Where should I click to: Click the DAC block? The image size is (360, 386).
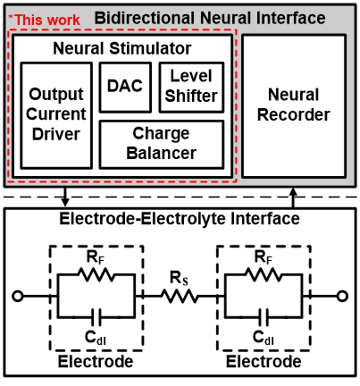pos(125,88)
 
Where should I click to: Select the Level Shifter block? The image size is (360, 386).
pos(191,88)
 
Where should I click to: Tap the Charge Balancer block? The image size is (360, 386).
pos(162,145)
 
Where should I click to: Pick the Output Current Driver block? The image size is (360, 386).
pos(56,115)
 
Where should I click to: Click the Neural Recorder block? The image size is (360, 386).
pos(294,106)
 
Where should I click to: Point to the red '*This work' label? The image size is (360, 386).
pos(44,20)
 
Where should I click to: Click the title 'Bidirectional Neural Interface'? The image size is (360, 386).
pos(210,18)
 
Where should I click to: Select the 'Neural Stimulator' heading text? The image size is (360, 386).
pos(122,48)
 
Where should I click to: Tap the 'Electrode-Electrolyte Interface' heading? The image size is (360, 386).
pos(180,219)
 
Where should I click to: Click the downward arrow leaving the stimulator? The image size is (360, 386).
pos(65,197)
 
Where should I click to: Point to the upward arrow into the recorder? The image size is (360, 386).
pos(293,197)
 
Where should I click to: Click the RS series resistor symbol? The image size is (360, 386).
pos(180,297)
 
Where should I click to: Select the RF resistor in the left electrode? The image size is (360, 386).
pos(96,274)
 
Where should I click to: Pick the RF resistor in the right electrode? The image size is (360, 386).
pos(264,274)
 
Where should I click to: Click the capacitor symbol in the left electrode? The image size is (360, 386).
pos(96,317)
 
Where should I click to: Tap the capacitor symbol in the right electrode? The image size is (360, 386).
pos(264,317)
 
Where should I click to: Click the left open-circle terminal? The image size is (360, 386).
pos(18,297)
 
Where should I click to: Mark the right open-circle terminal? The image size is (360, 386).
pos(342,297)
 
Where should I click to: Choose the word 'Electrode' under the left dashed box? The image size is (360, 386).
pos(96,362)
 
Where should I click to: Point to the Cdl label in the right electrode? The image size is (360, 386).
pos(264,338)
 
